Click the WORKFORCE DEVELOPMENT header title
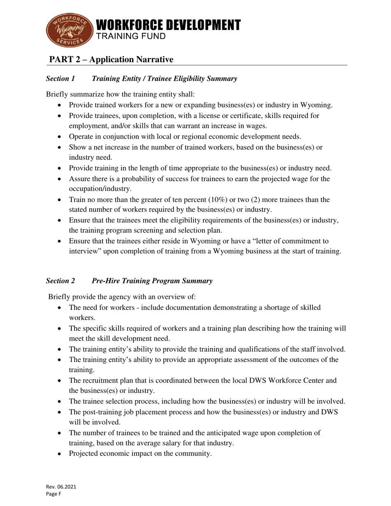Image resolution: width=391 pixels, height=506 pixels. [x=168, y=25]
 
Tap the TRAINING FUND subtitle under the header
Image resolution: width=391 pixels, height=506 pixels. [x=131, y=36]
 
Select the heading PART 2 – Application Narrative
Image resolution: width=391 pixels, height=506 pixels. [x=111, y=60]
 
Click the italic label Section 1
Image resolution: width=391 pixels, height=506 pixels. [x=61, y=79]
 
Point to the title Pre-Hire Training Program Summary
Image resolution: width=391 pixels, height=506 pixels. [x=152, y=281]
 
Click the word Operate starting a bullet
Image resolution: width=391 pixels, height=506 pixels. [x=81, y=137]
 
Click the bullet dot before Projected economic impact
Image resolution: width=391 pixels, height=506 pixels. [x=61, y=454]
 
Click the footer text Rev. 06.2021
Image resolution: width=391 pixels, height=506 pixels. [x=61, y=487]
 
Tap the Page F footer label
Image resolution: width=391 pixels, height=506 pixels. [x=54, y=494]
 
